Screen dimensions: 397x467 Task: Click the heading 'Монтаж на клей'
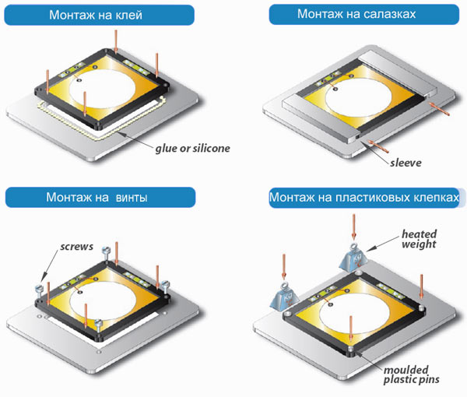tap(100, 16)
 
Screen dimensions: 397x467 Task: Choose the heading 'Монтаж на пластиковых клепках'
tap(363, 198)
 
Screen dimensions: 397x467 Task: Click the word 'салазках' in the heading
tap(388, 16)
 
